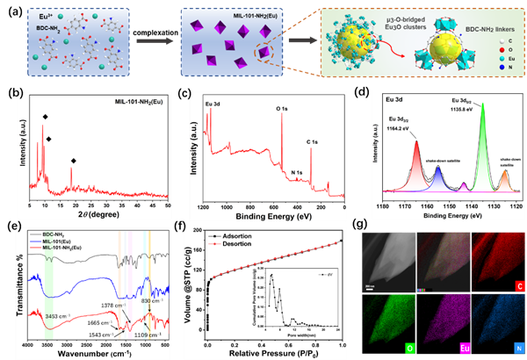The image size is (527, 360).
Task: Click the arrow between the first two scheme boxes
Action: tap(157, 38)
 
